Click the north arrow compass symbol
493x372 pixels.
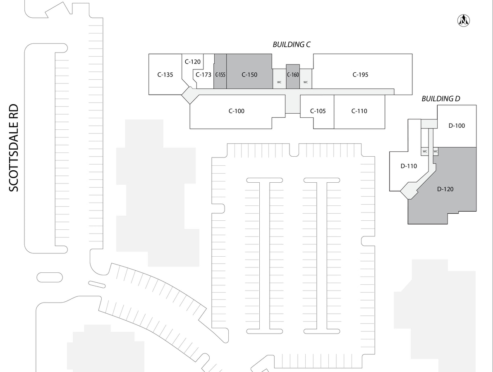[464, 20]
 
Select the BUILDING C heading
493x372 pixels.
[292, 45]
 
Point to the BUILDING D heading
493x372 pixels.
[440, 99]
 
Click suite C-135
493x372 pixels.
[165, 75]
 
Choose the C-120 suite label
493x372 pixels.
[192, 62]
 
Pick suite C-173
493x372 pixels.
[203, 75]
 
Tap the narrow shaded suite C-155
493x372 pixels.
[220, 75]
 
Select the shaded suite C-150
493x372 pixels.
[249, 75]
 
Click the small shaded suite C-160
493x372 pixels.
[293, 75]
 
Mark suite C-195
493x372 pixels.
[360, 75]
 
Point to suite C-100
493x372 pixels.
[237, 111]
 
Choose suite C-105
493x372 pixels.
[318, 111]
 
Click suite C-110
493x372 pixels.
[359, 111]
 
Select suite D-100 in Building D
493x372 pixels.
[457, 126]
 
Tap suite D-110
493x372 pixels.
[409, 166]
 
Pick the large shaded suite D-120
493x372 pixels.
[445, 189]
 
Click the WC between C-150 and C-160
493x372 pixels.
[279, 82]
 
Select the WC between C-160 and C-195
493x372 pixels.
[306, 82]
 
